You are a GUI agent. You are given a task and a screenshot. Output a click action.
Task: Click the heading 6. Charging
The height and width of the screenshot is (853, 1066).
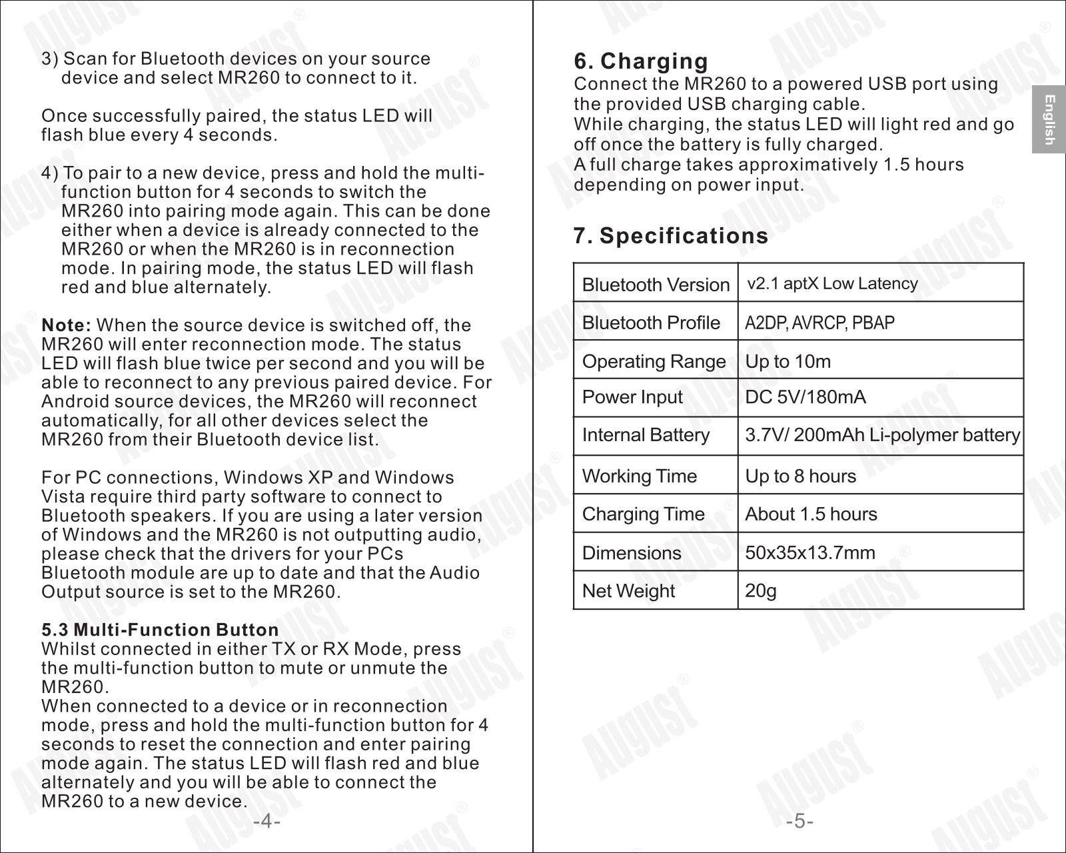[641, 61]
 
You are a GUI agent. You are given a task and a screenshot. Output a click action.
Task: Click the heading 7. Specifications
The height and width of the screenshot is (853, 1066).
[671, 236]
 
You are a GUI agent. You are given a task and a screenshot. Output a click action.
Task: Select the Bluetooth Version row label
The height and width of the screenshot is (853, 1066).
[656, 285]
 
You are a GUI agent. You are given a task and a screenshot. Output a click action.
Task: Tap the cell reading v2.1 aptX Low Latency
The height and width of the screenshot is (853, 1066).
[832, 284]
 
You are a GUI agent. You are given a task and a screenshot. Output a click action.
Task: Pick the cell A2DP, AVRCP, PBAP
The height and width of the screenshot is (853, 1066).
[819, 323]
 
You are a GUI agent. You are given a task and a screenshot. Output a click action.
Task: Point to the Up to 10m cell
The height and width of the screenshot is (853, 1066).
[788, 361]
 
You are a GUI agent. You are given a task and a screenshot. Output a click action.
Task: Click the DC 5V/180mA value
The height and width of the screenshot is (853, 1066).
[805, 397]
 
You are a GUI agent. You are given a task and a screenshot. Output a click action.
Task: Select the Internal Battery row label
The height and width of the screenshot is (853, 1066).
[646, 435]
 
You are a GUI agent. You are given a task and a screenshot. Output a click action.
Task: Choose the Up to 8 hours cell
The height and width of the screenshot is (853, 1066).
[800, 476]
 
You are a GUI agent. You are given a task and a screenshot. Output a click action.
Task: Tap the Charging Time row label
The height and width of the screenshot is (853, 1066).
[643, 514]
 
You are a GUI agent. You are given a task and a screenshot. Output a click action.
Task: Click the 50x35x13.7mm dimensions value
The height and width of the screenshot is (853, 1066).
[809, 552]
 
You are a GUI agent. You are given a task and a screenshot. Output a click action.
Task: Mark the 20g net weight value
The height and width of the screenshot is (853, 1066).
[760, 590]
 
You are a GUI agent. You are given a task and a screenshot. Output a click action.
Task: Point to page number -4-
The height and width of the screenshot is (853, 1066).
[266, 821]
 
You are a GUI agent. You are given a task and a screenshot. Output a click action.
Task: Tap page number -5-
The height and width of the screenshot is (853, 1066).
[799, 821]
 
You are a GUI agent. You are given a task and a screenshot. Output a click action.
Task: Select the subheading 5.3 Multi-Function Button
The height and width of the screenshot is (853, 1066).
[160, 630]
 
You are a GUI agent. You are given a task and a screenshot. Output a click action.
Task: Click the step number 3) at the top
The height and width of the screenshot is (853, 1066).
[50, 59]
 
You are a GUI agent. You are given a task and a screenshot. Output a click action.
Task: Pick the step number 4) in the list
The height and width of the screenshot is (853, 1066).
[50, 173]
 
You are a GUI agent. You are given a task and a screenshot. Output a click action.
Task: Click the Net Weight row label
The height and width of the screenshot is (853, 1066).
[628, 590]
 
